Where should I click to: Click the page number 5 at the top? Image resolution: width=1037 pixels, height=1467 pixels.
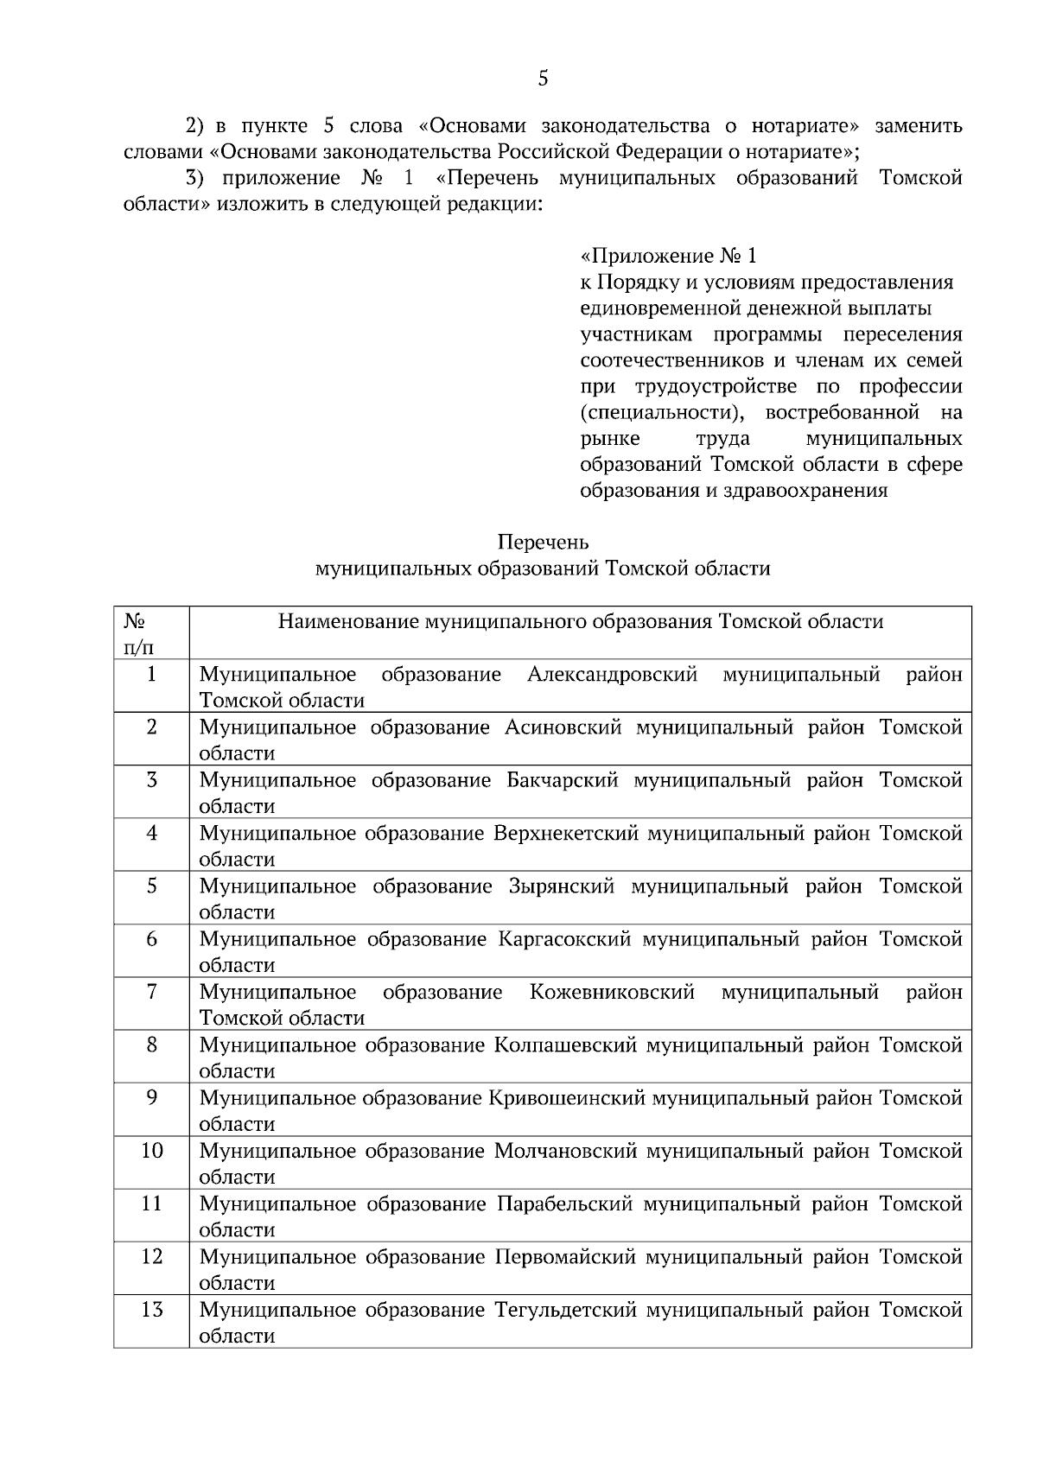point(543,79)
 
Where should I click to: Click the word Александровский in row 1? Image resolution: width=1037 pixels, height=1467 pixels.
point(612,675)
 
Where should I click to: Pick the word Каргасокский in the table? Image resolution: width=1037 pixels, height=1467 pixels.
point(564,939)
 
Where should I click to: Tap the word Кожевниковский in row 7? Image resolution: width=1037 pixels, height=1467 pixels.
point(612,993)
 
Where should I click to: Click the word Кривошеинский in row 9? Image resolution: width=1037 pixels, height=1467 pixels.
point(567,1098)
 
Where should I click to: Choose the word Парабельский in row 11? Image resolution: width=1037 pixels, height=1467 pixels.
point(565,1203)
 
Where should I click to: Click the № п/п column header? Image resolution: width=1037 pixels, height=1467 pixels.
point(134,634)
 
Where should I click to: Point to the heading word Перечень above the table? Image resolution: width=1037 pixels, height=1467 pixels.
point(543,543)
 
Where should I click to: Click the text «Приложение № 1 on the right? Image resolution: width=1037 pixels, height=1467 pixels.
point(669,257)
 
